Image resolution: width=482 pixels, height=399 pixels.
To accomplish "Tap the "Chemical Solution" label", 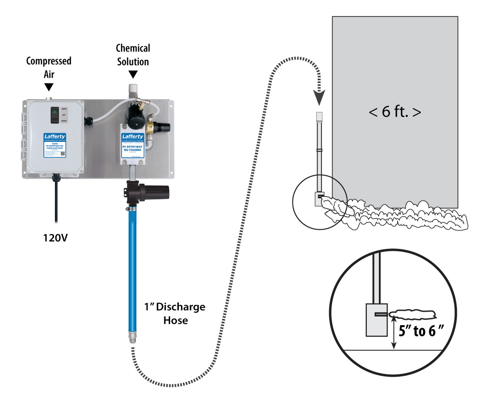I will pyautogui.click(x=133, y=55).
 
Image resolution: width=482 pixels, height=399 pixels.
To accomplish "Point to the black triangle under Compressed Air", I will pyautogui.click(x=49, y=86).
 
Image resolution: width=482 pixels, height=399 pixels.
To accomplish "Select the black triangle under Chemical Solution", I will pyautogui.click(x=133, y=74).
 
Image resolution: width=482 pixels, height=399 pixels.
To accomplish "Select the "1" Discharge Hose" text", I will pyautogui.click(x=175, y=312).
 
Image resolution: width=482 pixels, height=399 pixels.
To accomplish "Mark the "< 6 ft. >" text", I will pyautogui.click(x=395, y=113).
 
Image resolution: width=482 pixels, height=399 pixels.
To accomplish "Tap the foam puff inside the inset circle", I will pyautogui.click(x=414, y=315).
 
